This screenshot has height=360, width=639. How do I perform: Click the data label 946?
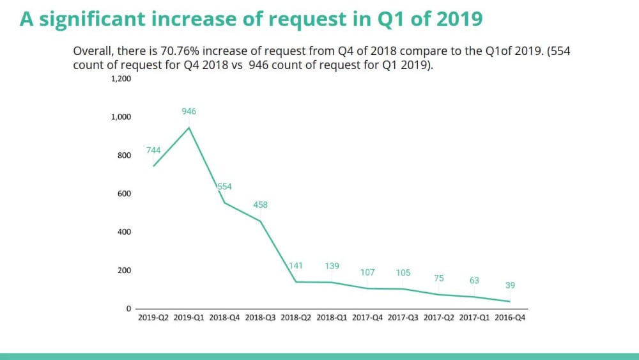(189, 111)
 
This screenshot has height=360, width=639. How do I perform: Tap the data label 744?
(153, 150)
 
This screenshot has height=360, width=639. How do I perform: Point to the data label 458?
(260, 205)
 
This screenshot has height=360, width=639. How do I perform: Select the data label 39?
(510, 285)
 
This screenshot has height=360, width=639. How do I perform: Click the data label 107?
(367, 272)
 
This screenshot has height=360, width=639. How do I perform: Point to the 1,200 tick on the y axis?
(121, 79)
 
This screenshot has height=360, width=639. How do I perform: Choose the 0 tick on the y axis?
(128, 309)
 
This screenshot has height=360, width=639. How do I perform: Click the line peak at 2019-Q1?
(189, 127)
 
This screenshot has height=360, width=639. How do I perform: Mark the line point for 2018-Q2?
(296, 282)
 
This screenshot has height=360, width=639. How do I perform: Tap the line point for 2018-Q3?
(260, 221)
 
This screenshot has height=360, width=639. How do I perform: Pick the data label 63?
(474, 280)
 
